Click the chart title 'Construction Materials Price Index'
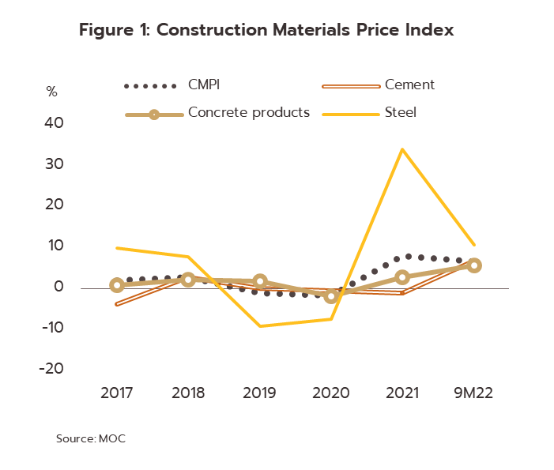point(266,31)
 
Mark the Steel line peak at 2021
point(402,149)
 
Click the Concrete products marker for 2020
point(331,296)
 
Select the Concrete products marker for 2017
point(117,285)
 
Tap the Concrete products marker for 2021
point(402,277)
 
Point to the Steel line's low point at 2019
point(260,326)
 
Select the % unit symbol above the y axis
point(52,92)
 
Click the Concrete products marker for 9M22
point(474,265)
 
